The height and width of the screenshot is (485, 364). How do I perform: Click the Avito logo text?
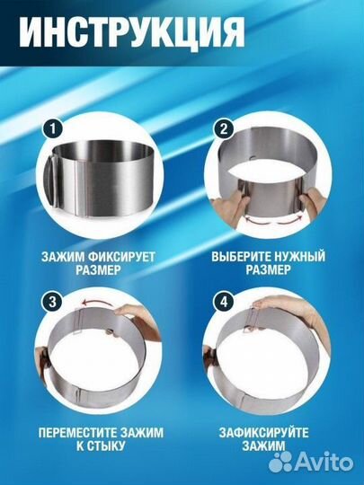pyautogui.click(x=328, y=462)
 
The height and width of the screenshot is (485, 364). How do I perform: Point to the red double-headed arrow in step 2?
pyautogui.click(x=272, y=218)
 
